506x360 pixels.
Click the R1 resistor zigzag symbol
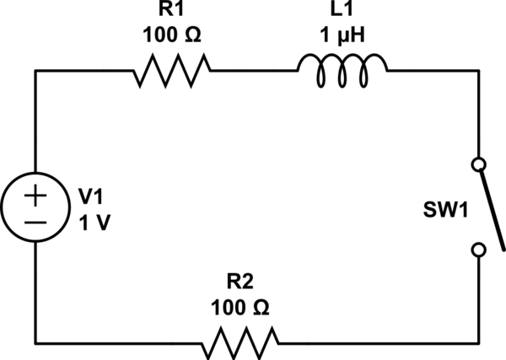click(x=171, y=71)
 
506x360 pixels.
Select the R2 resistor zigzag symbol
click(x=240, y=341)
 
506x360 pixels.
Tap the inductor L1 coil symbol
click(x=341, y=71)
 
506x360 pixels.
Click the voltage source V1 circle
click(x=35, y=206)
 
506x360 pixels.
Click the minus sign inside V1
click(x=35, y=220)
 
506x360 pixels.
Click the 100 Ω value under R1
click(x=171, y=37)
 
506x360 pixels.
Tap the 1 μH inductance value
click(x=341, y=37)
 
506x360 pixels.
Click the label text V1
click(x=89, y=196)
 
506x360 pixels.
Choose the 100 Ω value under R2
click(x=240, y=309)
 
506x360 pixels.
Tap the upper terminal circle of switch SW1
click(x=479, y=164)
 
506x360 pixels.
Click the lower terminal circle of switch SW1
click(x=479, y=250)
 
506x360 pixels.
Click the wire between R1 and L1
click(x=253, y=71)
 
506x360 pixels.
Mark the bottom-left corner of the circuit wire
click(x=35, y=341)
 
